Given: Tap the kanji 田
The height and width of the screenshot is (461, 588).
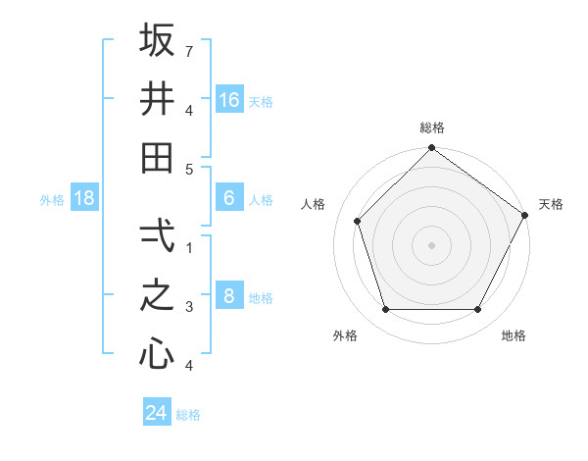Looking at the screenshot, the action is point(157,157).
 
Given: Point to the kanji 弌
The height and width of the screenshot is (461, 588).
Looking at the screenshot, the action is point(157,235).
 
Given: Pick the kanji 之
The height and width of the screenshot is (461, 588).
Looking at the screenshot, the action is point(157,295).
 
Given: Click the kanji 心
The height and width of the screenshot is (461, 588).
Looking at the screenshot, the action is point(157,354).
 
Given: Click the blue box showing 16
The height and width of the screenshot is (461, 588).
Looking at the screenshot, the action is point(229,99).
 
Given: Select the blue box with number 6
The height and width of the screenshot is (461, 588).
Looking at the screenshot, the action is point(229,198).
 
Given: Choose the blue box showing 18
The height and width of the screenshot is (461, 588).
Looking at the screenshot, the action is point(84,198).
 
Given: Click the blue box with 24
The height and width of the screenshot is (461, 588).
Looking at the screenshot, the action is point(156,413).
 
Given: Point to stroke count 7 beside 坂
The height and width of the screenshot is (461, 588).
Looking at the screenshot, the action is point(189,51).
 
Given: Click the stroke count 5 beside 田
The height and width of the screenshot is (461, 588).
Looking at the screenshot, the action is point(189,169).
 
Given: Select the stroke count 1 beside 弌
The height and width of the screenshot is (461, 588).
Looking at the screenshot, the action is point(189,247).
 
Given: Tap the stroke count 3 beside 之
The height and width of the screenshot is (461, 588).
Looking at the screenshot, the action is point(189,307).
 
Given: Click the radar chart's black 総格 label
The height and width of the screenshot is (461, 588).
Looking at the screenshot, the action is point(431,128).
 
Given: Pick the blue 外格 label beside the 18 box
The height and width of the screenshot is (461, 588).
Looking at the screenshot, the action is point(52,200).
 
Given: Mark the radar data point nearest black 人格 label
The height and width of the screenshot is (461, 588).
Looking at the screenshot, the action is point(358,221).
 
